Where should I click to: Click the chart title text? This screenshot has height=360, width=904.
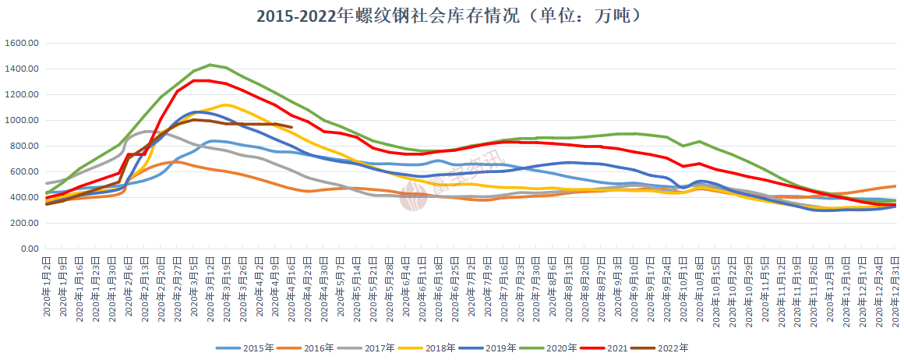point(452,16)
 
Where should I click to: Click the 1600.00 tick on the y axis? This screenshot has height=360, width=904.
point(21,44)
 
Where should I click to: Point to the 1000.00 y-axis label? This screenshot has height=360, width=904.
point(21,121)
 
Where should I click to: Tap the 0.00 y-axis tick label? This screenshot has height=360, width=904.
point(28,249)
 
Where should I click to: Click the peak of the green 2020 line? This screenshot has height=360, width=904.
point(210,65)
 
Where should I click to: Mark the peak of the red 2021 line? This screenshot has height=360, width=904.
point(201,80)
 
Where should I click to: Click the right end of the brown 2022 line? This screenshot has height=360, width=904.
point(291,127)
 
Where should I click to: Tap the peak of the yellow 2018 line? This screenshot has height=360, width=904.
point(226,104)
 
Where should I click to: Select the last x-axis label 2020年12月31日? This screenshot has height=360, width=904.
point(895,290)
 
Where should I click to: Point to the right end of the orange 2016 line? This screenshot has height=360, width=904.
point(895,186)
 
